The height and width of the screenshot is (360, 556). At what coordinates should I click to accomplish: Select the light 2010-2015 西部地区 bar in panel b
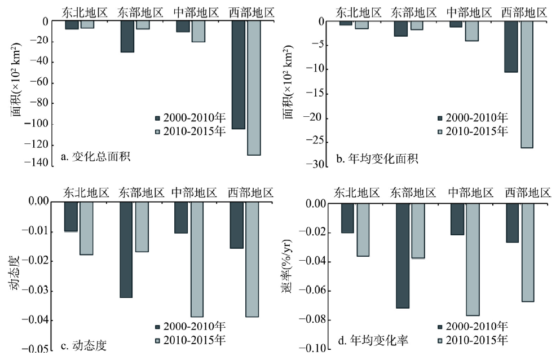click(x=526, y=85)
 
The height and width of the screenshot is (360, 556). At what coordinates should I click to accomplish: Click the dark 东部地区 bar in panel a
click(x=127, y=37)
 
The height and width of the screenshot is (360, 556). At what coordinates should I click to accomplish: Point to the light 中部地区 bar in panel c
click(x=197, y=259)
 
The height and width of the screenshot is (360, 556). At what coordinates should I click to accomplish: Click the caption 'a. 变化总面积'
click(x=95, y=156)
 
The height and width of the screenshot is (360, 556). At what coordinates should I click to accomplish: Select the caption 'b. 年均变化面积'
click(x=377, y=159)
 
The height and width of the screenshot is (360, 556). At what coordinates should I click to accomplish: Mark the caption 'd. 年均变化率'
click(x=372, y=340)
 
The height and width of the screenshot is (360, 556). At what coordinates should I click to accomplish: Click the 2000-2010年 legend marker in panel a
click(x=158, y=118)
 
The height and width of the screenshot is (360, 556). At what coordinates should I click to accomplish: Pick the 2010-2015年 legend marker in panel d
click(x=440, y=340)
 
